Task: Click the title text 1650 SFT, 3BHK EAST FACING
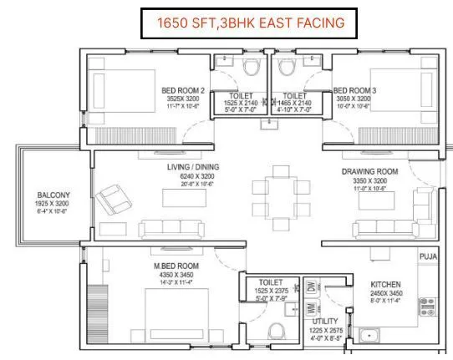(242, 23)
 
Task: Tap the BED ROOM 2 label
(181, 91)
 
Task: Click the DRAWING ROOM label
(369, 171)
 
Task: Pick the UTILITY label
(325, 321)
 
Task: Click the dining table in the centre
(277, 192)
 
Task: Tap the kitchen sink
(369, 334)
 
